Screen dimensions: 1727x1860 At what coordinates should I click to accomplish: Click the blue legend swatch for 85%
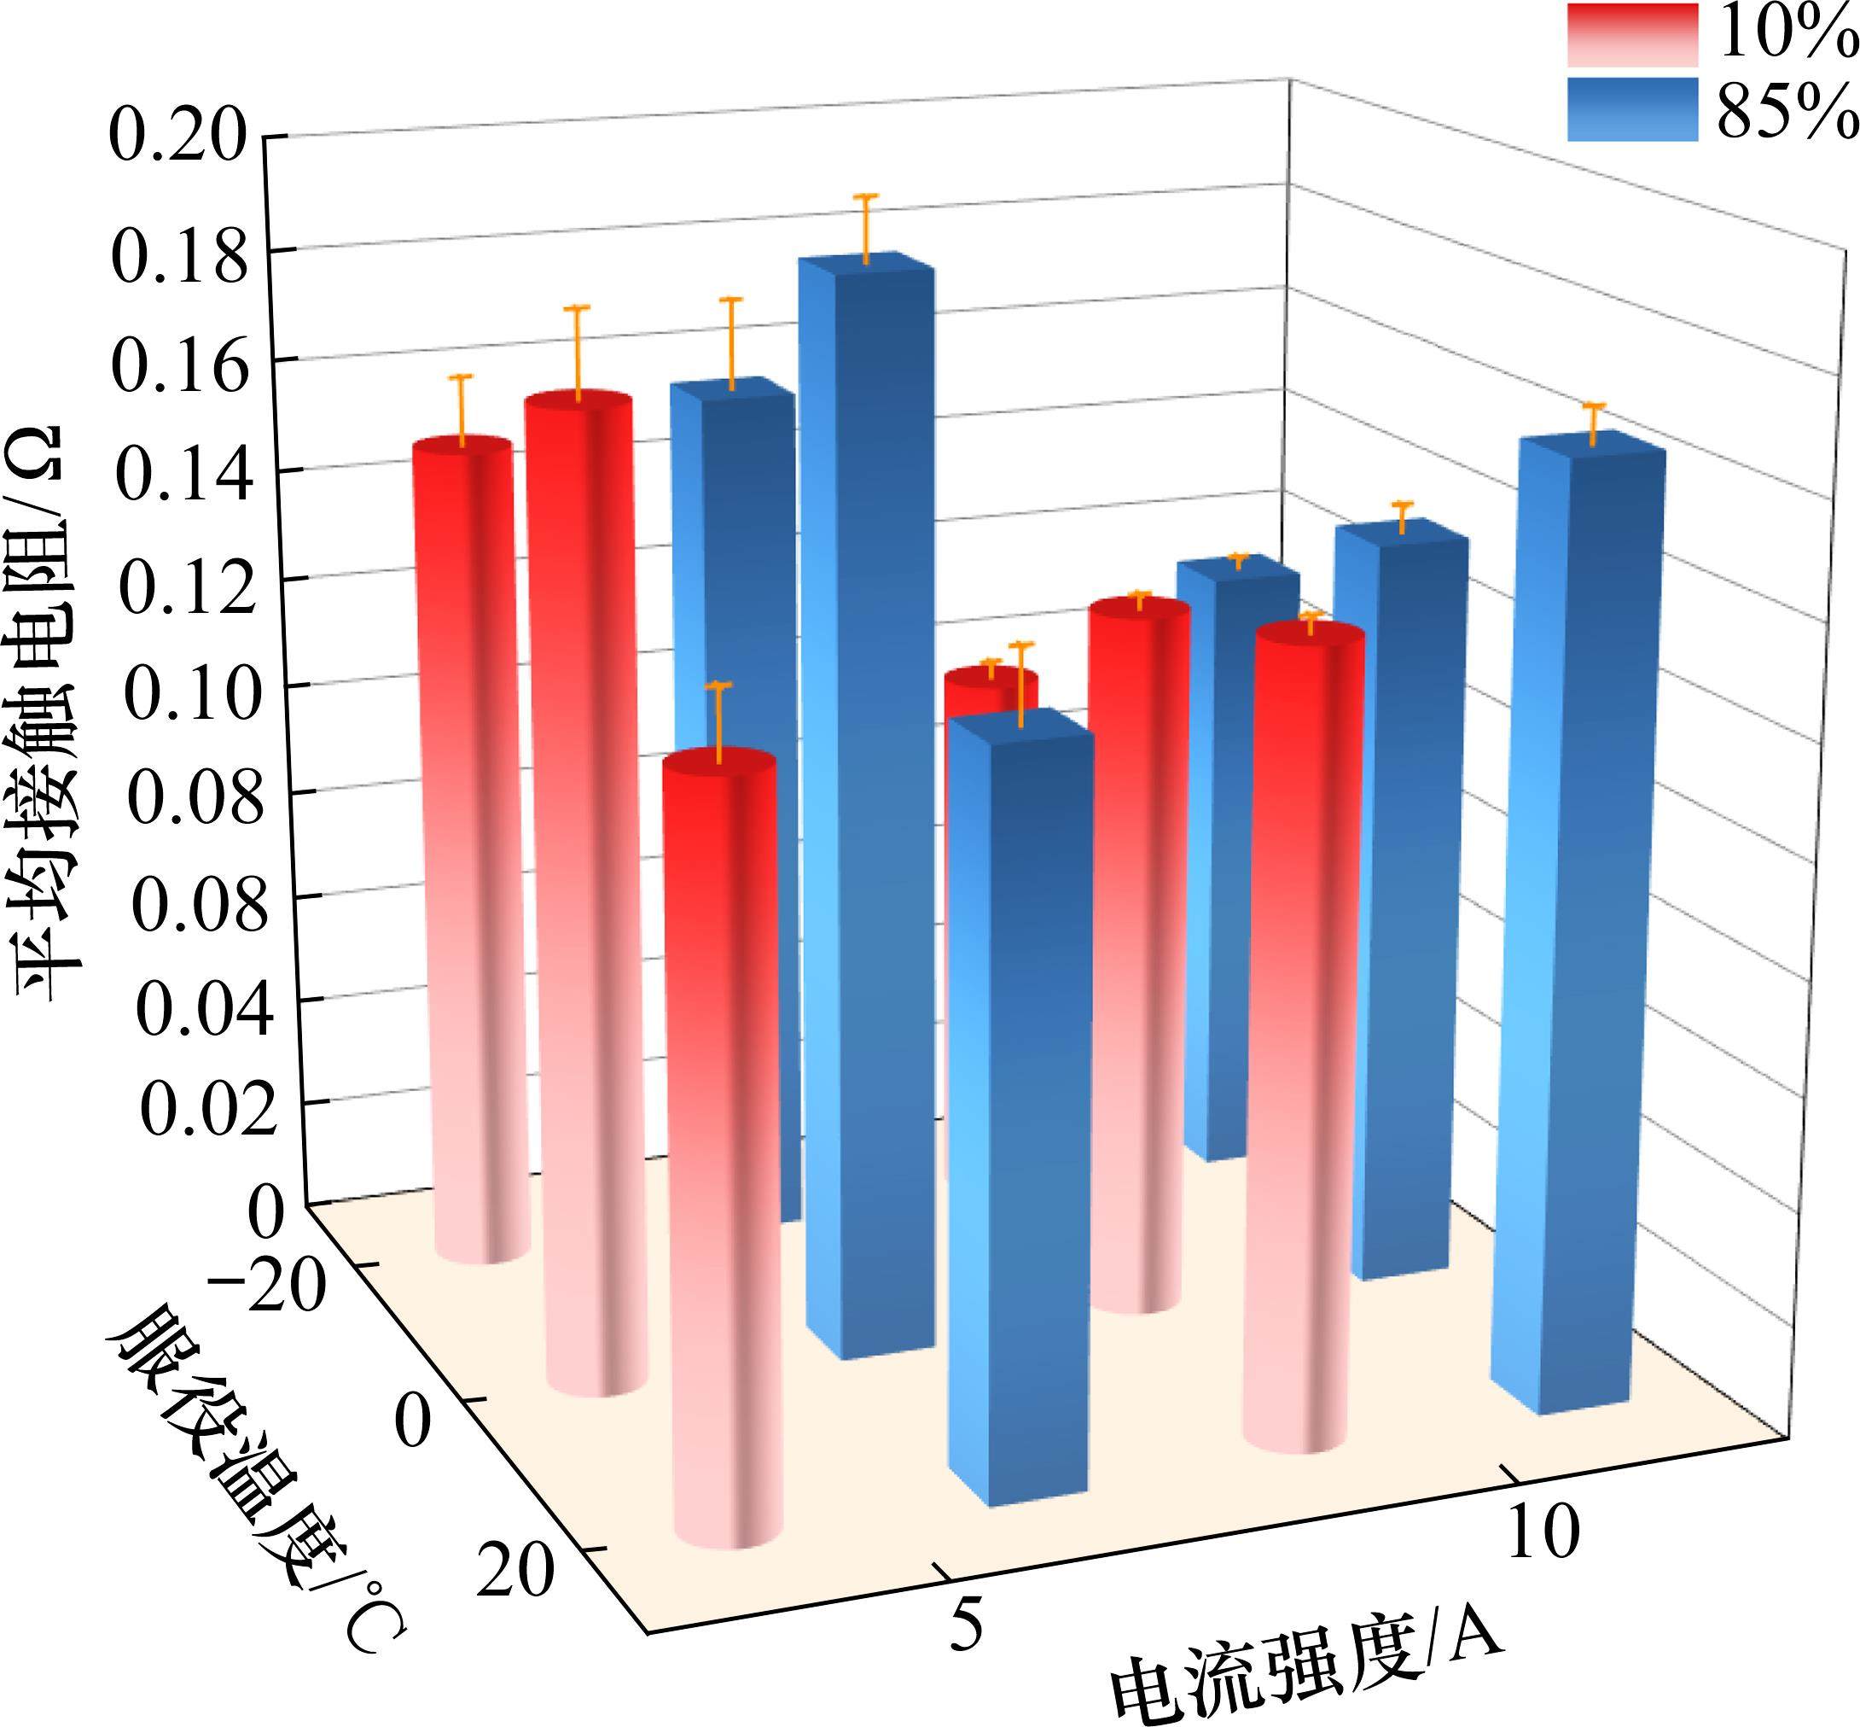click(x=1631, y=109)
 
